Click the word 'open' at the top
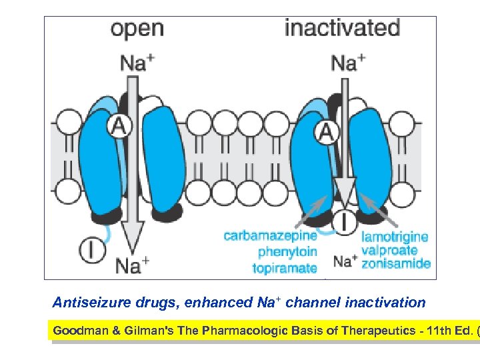coord(137,29)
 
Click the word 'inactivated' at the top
coord(342,28)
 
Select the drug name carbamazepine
coord(270,235)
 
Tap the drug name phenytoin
coord(287,251)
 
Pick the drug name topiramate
coord(285,268)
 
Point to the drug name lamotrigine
coord(395,236)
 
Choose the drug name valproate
coord(389,251)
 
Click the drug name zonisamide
coord(395,264)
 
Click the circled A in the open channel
coord(118,125)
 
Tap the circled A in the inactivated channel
coord(326,132)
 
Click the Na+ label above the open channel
coord(137,63)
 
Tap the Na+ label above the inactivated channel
coord(347,63)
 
